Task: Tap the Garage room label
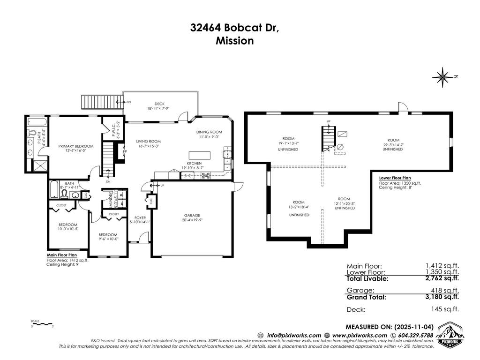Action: click(x=193, y=217)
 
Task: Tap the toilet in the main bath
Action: click(x=65, y=195)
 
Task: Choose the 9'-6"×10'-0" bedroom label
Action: click(x=108, y=237)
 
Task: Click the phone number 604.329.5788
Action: click(x=413, y=336)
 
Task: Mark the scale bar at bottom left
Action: click(x=42, y=324)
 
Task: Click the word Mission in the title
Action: click(x=234, y=41)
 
